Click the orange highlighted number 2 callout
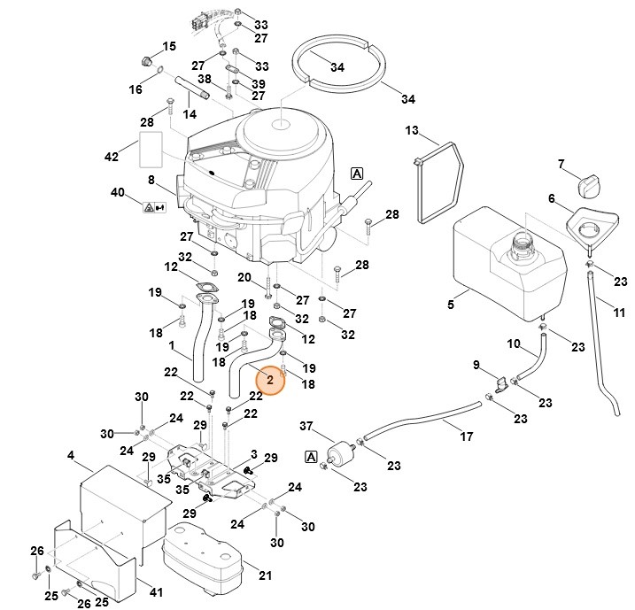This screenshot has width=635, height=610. pos(269,379)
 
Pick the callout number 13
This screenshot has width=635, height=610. pos(412,131)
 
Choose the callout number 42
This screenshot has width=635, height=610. pos(111,157)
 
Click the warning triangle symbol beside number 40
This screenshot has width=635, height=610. pos(148,207)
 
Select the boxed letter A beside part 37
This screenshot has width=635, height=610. pos(311,457)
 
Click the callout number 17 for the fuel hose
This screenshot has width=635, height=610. pos(466,436)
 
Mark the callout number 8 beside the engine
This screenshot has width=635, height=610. pos(151,181)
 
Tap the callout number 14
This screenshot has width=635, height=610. pos(190,115)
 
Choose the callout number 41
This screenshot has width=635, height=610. pos(157,591)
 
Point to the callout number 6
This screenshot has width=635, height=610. pos(551,199)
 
